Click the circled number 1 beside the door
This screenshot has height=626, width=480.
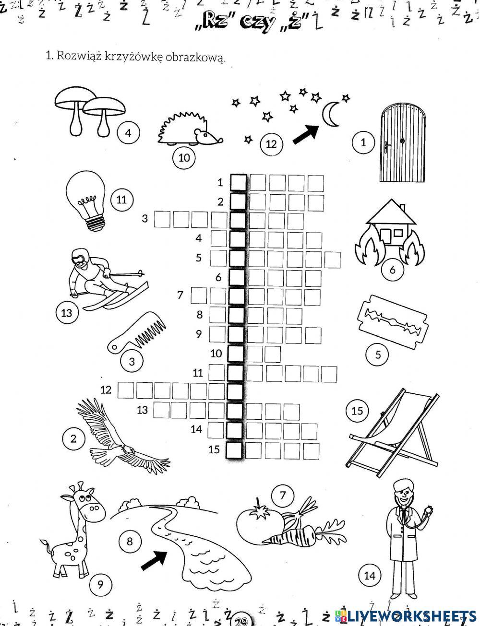coord(363,142)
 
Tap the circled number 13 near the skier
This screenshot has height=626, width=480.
coord(67,313)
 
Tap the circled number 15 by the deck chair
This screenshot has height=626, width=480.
coord(357,411)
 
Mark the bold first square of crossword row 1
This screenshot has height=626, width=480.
coord(238,183)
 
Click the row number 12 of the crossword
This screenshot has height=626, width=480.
coord(106,390)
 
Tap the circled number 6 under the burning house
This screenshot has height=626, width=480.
coord(392,270)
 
